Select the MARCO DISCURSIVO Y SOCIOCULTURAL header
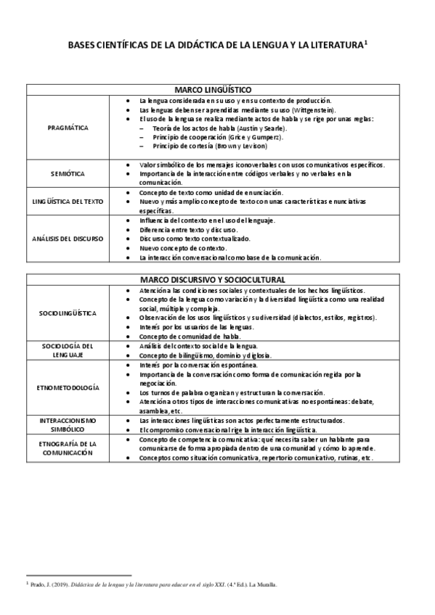pyautogui.click(x=217, y=279)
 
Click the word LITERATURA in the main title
pyautogui.click(x=330, y=46)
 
